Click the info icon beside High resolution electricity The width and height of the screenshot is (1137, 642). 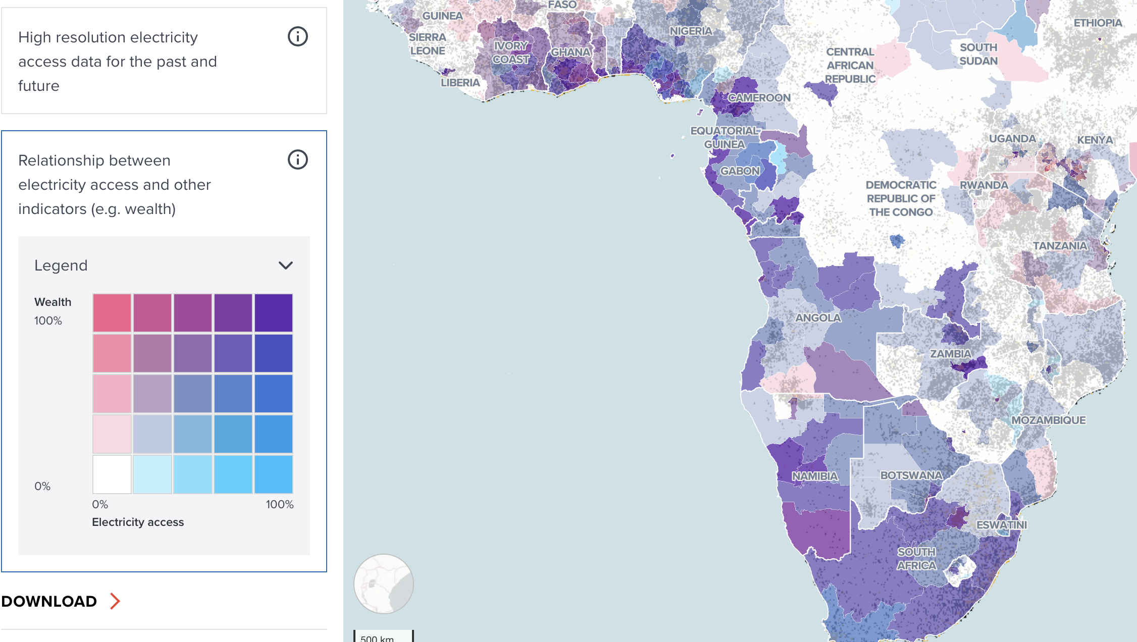pyautogui.click(x=298, y=36)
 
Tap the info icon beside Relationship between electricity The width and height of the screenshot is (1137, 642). pyautogui.click(x=298, y=159)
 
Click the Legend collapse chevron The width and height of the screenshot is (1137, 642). pyautogui.click(x=286, y=265)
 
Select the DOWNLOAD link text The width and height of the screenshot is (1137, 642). pyautogui.click(x=49, y=601)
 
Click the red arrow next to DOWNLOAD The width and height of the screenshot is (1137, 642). pyautogui.click(x=115, y=601)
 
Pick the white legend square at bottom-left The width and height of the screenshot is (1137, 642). pyautogui.click(x=112, y=474)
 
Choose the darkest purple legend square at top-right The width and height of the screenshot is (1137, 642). pyautogui.click(x=274, y=313)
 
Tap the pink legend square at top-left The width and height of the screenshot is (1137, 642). pyautogui.click(x=112, y=313)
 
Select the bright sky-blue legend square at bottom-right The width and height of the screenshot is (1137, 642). pyautogui.click(x=274, y=474)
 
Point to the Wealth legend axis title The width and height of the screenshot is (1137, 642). pyautogui.click(x=53, y=302)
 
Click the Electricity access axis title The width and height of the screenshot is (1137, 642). pyautogui.click(x=138, y=522)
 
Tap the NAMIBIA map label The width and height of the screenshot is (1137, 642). pyautogui.click(x=814, y=476)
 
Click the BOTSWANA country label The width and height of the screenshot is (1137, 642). pyautogui.click(x=911, y=475)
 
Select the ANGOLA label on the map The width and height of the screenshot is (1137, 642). pyautogui.click(x=818, y=318)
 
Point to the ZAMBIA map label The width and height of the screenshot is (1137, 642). pyautogui.click(x=951, y=354)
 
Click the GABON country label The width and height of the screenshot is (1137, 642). pyautogui.click(x=740, y=171)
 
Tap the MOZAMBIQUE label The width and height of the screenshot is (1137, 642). pyautogui.click(x=1048, y=420)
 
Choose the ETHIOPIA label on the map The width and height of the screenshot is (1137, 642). pyautogui.click(x=1098, y=23)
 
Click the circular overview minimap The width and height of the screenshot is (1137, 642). pyautogui.click(x=384, y=584)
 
